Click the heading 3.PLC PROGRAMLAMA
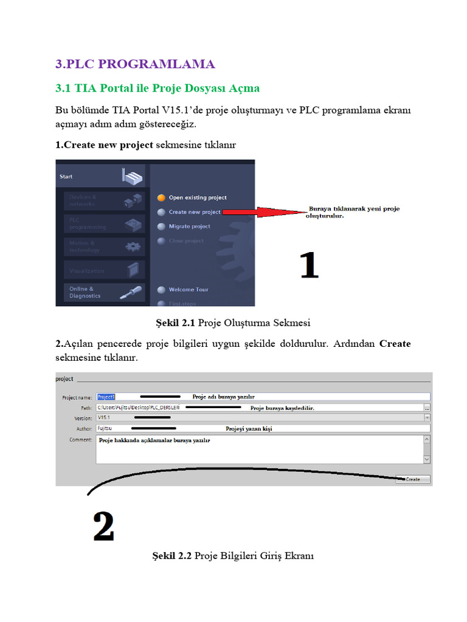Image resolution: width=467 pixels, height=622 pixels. click(134, 64)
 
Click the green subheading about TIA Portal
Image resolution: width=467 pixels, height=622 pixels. click(157, 88)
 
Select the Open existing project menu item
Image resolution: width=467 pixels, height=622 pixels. click(197, 197)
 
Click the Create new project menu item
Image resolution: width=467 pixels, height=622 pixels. click(194, 212)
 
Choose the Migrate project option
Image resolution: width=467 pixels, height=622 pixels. click(189, 227)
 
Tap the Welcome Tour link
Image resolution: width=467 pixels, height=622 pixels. click(188, 290)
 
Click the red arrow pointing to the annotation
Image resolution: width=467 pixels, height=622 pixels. click(261, 212)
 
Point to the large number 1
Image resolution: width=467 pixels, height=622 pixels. click(309, 266)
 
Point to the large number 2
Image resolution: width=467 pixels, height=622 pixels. click(103, 527)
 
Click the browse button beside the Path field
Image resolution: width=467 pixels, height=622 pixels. click(427, 408)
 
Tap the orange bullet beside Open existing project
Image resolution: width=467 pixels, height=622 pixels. click(161, 197)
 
